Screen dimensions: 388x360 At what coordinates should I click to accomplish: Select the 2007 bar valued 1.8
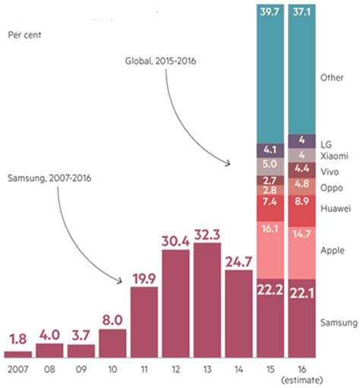point(18,353)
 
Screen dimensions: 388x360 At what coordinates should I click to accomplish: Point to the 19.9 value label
point(144,277)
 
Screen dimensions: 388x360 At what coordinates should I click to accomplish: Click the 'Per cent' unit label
point(24,34)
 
